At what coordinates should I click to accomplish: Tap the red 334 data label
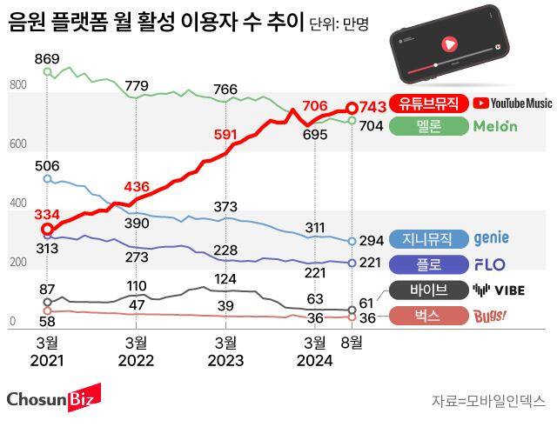tap(47, 215)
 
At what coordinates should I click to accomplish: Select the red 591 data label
tap(225, 135)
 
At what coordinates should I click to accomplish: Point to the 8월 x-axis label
tap(352, 342)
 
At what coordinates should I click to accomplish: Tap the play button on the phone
tap(449, 43)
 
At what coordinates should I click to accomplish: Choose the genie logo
tap(491, 238)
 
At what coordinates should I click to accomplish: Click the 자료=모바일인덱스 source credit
tap(487, 401)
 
